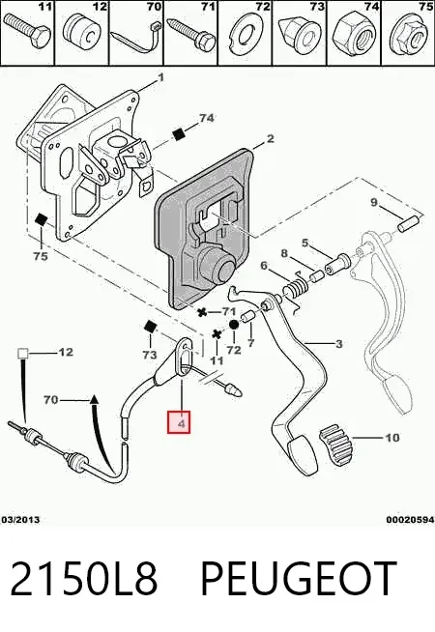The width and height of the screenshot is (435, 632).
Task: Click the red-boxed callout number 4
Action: click(179, 422)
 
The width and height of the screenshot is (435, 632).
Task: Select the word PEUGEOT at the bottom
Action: click(298, 579)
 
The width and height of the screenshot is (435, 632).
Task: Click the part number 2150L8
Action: click(83, 579)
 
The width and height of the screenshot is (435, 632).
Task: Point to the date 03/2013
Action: click(20, 520)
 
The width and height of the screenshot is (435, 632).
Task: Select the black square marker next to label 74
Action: click(178, 134)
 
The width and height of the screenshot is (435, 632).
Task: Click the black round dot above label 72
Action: click(234, 325)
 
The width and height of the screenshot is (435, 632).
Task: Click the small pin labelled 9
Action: click(408, 223)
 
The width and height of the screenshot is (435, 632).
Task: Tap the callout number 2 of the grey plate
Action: click(270, 139)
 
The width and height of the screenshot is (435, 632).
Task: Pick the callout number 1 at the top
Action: click(160, 77)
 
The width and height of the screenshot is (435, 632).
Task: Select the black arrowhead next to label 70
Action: click(94, 399)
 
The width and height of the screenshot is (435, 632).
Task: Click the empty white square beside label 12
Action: click(22, 354)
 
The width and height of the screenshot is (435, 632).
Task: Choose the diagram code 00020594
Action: click(410, 520)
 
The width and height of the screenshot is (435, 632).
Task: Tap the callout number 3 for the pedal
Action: click(338, 344)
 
